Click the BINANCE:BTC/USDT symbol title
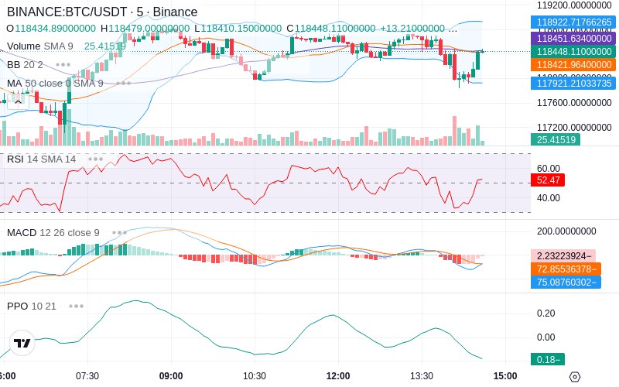point(69,12)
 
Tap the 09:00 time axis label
point(171,376)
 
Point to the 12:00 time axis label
point(338,376)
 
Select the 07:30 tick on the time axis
point(87,376)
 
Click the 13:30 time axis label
point(422,376)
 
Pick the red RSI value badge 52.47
point(549,180)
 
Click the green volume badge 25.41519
point(555,139)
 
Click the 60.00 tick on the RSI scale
point(549,168)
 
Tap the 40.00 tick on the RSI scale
point(549,197)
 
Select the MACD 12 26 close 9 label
point(53,232)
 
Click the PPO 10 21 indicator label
point(32,306)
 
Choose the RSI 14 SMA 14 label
point(42,159)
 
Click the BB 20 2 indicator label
point(26,64)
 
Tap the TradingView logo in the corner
point(22,343)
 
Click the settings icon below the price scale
point(574,377)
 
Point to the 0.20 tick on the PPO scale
point(546,313)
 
